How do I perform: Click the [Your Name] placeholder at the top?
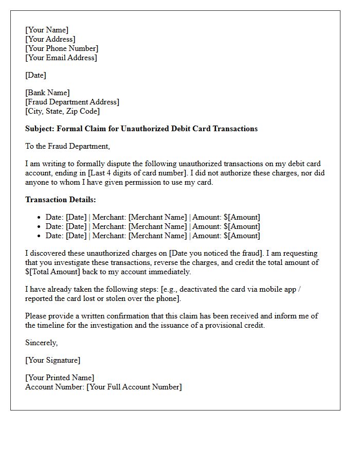[47, 30]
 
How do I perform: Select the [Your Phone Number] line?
[62, 48]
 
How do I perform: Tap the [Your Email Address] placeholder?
[61, 58]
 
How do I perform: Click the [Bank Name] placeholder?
[47, 93]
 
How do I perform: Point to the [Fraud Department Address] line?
[72, 102]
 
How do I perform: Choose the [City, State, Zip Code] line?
[62, 111]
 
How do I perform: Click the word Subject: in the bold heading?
[40, 129]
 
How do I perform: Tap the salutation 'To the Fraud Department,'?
[67, 146]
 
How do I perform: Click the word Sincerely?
[42, 343]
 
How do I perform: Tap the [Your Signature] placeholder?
[52, 360]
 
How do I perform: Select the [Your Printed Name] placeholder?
[60, 378]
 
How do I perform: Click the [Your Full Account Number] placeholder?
[134, 387]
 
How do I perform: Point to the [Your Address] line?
[50, 39]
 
